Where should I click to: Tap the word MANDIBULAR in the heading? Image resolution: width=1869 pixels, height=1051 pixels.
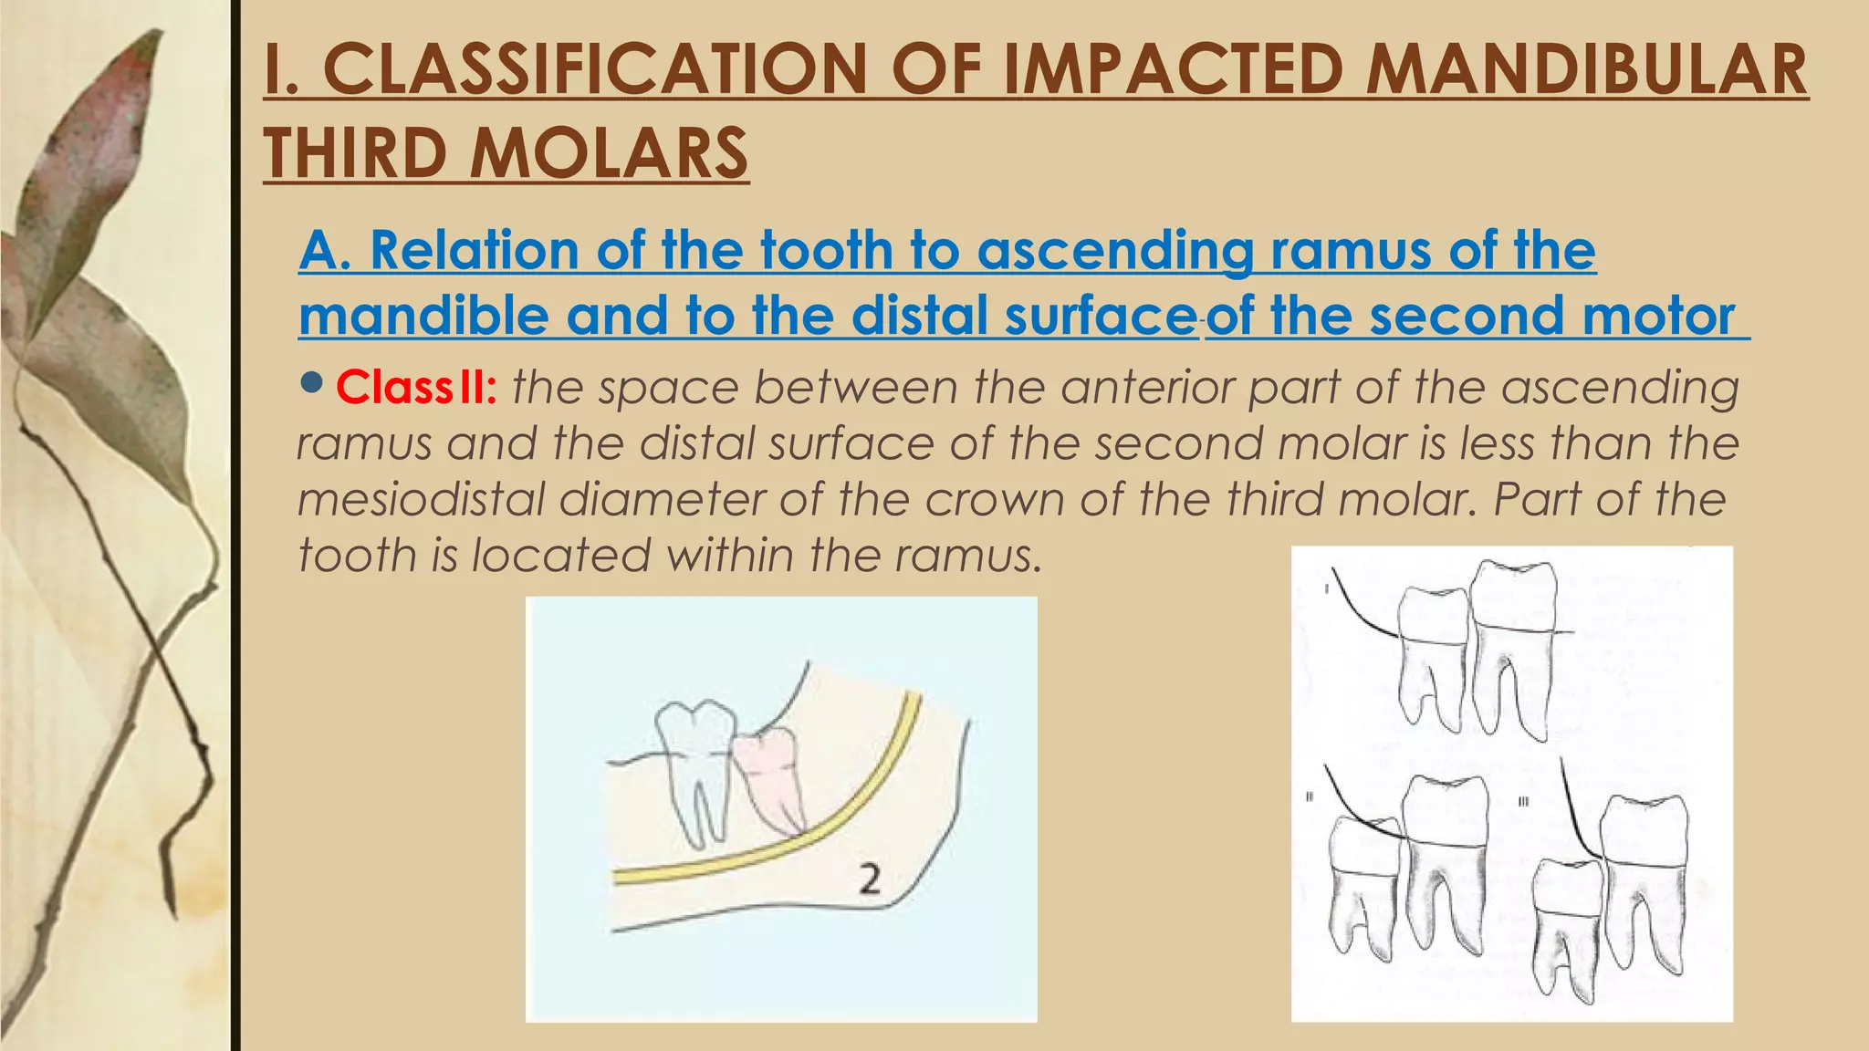(x=1587, y=70)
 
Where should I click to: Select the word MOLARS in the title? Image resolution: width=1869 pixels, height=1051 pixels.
(x=609, y=153)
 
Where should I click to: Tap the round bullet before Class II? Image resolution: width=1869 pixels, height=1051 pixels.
(x=311, y=382)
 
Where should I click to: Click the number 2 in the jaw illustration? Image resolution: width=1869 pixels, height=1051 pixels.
(x=870, y=879)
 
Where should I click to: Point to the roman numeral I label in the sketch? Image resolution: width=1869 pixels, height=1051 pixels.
(x=1326, y=588)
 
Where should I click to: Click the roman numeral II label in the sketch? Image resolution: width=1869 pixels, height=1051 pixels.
(x=1309, y=797)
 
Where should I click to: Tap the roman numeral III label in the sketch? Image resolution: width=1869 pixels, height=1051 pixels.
(x=1523, y=803)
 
